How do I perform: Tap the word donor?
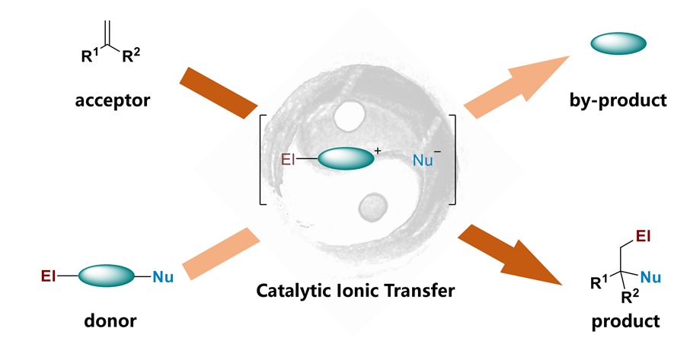[x=110, y=320]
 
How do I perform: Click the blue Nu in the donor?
[x=163, y=276]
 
